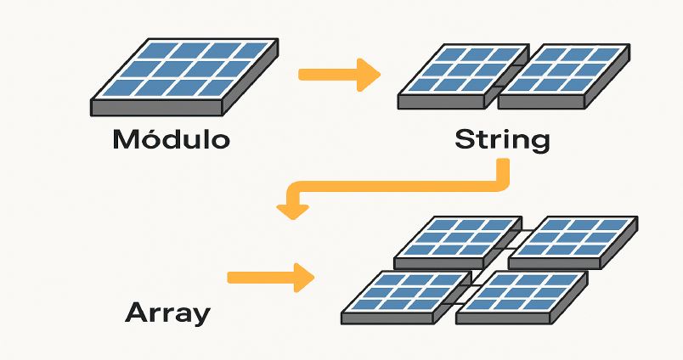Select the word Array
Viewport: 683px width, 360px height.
(x=167, y=312)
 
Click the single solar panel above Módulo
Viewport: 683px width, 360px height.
(x=184, y=76)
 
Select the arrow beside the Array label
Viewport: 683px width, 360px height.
(x=272, y=277)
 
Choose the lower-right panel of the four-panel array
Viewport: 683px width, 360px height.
(x=521, y=295)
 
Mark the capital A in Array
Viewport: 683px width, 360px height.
(x=137, y=312)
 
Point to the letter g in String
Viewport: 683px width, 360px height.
(x=538, y=142)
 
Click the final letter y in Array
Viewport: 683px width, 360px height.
(x=200, y=316)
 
